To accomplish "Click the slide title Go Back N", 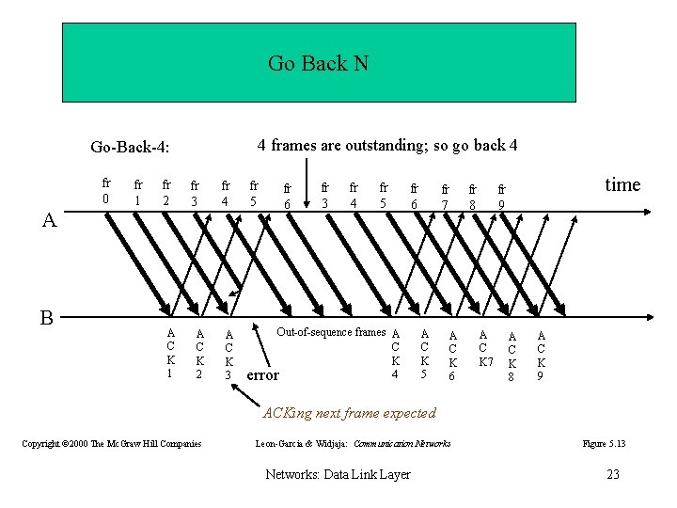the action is [x=318, y=63].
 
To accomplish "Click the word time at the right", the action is [x=622, y=184].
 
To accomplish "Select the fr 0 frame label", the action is [x=106, y=191].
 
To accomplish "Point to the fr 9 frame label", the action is [x=502, y=196].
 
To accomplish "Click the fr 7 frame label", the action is [x=446, y=196].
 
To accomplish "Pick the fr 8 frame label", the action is [x=473, y=196].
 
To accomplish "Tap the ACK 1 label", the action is [x=170, y=353].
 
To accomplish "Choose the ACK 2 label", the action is [x=199, y=354].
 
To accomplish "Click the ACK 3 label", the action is [x=228, y=355].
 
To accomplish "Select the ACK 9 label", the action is [x=541, y=356].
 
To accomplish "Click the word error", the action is [x=262, y=374].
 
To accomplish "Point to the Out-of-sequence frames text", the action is [x=330, y=332].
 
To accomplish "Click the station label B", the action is [x=46, y=317].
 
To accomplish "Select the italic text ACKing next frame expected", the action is [x=349, y=412].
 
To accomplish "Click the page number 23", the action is [x=613, y=474].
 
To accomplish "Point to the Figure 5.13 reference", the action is [x=604, y=443].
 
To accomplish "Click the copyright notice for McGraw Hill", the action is [x=111, y=443].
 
